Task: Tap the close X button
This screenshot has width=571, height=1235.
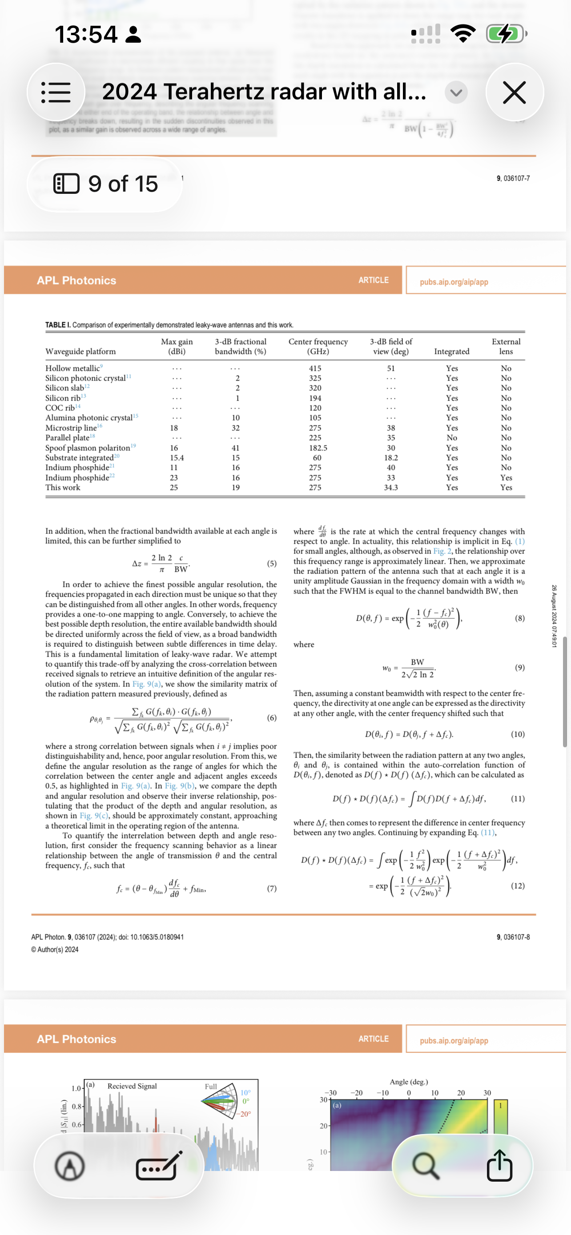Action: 515,92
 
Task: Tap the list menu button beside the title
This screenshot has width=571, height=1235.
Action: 56,92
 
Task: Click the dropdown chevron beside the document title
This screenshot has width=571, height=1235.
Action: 456,92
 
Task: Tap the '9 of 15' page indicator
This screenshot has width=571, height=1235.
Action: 105,184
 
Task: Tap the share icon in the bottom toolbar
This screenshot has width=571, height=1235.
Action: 499,1165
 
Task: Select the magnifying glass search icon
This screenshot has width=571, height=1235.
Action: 425,1165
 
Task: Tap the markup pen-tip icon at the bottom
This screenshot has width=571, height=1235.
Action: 70,1166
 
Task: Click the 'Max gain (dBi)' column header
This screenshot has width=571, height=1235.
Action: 177,346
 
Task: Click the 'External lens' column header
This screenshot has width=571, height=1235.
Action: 506,346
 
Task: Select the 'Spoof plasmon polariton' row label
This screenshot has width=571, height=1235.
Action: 88,448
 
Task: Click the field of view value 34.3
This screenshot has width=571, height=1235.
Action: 391,488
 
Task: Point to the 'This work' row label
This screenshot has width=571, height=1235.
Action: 63,488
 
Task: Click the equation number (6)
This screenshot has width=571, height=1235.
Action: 271,718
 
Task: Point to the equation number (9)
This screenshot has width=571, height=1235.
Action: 519,667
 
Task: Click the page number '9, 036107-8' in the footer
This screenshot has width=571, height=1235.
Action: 513,937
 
